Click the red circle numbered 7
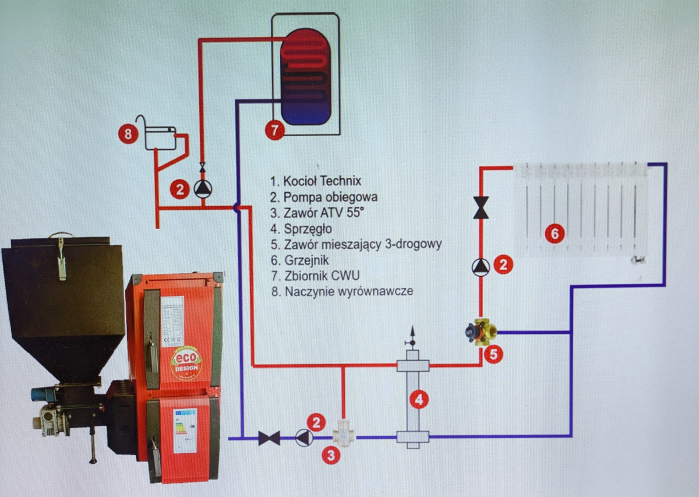click(276, 130)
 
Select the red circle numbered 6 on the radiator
click(554, 234)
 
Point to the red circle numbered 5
click(493, 354)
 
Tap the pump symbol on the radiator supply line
click(481, 266)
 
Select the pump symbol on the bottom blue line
click(303, 437)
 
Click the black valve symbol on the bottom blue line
click(269, 438)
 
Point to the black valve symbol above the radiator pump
click(481, 208)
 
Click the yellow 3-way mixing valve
click(481, 332)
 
